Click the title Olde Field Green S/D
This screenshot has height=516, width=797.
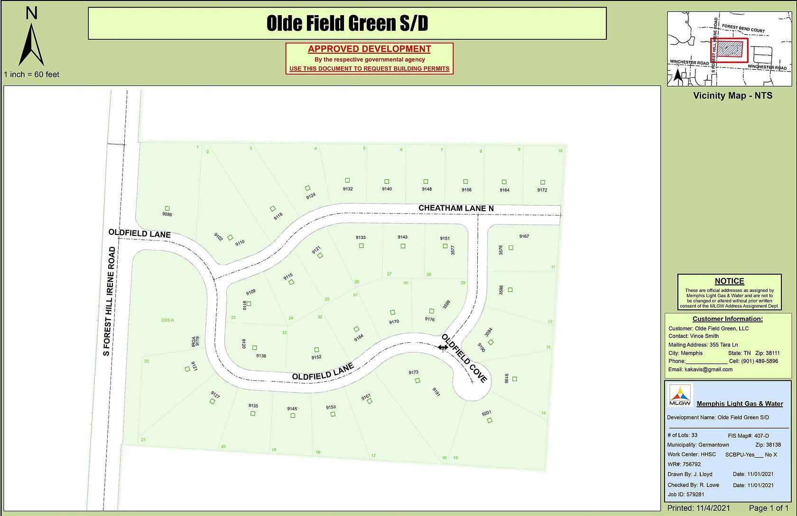pyautogui.click(x=347, y=23)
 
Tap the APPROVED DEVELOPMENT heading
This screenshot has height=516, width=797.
pyautogui.click(x=369, y=49)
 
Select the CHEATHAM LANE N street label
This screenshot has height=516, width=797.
pyautogui.click(x=456, y=208)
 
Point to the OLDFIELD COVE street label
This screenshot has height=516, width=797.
pyautogui.click(x=464, y=358)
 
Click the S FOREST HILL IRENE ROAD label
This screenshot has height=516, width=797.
pyautogui.click(x=109, y=301)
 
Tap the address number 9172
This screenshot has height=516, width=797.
pyautogui.click(x=542, y=190)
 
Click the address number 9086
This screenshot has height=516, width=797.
pyautogui.click(x=167, y=214)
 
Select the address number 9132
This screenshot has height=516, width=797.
pyautogui.click(x=348, y=189)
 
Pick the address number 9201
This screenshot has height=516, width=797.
pyautogui.click(x=486, y=413)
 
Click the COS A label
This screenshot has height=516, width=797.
pyautogui.click(x=167, y=320)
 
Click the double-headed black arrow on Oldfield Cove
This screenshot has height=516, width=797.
pyautogui.click(x=443, y=347)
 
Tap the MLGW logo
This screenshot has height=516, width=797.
pyautogui.click(x=680, y=395)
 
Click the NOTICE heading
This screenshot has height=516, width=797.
pyautogui.click(x=729, y=281)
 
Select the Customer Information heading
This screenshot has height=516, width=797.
pyautogui.click(x=727, y=319)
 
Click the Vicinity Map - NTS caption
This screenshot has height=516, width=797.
pyautogui.click(x=732, y=95)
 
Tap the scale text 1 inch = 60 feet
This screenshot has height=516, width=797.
pyautogui.click(x=31, y=75)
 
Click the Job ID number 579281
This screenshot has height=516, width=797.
pyautogui.click(x=695, y=494)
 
